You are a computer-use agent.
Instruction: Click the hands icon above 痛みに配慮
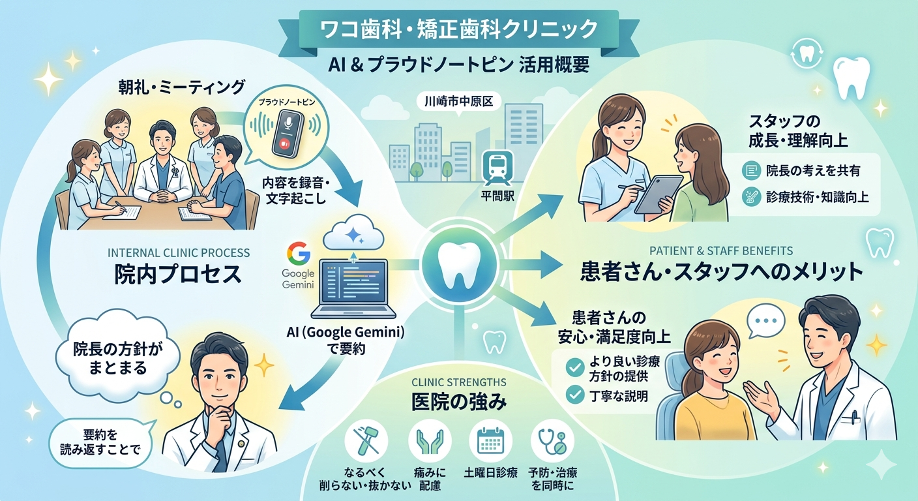click(x=430, y=442)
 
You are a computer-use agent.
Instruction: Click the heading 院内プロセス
click(x=177, y=273)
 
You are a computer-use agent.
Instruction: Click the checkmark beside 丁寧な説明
click(x=574, y=394)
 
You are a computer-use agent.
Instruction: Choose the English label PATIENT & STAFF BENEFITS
click(x=721, y=250)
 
